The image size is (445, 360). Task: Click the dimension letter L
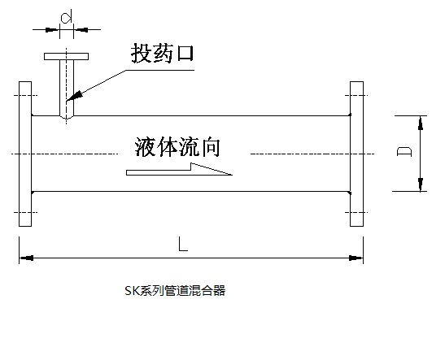[x=183, y=244]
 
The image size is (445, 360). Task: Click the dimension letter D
[x=404, y=151]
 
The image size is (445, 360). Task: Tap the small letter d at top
[x=66, y=17]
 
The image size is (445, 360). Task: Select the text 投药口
[x=163, y=53]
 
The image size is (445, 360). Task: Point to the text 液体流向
[x=177, y=147]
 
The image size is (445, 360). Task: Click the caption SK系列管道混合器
[x=175, y=291]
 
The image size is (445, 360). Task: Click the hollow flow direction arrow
[x=179, y=170]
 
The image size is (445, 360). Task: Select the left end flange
[x=25, y=154]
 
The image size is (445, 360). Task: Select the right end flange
[x=356, y=154]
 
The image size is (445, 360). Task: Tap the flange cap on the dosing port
[x=66, y=56]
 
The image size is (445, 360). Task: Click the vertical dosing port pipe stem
[x=67, y=89]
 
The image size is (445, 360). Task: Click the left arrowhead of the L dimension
[x=26, y=258]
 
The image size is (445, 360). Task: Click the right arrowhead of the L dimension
[x=356, y=258]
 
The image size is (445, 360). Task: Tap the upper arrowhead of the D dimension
[x=421, y=123]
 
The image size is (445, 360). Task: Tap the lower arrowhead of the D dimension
[x=421, y=184]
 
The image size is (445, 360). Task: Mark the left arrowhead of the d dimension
[x=53, y=29]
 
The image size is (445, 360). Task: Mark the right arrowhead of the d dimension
[x=81, y=29]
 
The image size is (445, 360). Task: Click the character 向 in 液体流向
[x=210, y=147]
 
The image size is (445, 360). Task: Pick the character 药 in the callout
[x=163, y=53]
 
